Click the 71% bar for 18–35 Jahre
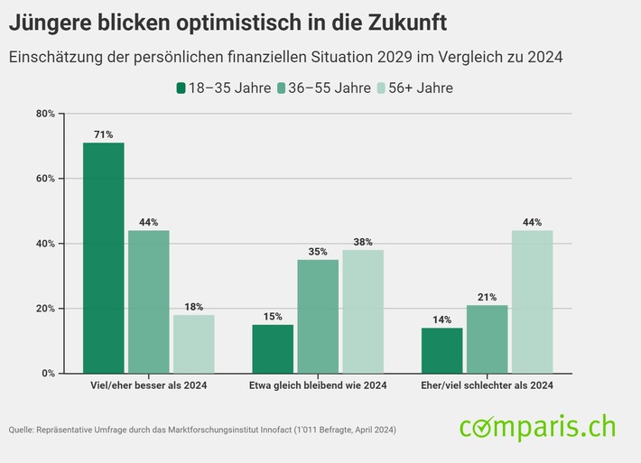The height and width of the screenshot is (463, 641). [x=103, y=257]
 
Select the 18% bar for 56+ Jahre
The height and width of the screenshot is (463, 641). [x=193, y=343]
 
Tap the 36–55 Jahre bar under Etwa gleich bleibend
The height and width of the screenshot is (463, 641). [x=318, y=316]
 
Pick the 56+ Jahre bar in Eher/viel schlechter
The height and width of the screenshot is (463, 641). [x=532, y=301]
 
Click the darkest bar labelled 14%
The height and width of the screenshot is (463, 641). [x=441, y=350]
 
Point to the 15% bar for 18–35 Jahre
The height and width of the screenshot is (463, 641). [x=273, y=348]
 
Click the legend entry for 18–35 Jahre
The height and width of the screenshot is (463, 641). [x=222, y=88]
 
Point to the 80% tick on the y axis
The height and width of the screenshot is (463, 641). [x=45, y=114]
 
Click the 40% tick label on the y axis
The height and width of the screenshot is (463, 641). [x=45, y=244]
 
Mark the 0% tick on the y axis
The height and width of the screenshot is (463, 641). [x=48, y=373]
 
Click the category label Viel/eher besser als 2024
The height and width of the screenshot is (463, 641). [x=148, y=385]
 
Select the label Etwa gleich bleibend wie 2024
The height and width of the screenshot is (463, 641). [x=318, y=385]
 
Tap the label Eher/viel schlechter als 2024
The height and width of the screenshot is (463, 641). [x=487, y=385]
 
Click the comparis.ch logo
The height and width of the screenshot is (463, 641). [x=536, y=426]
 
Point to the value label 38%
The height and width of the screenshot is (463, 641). [x=363, y=241]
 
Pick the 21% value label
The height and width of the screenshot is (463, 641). [x=487, y=296]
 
